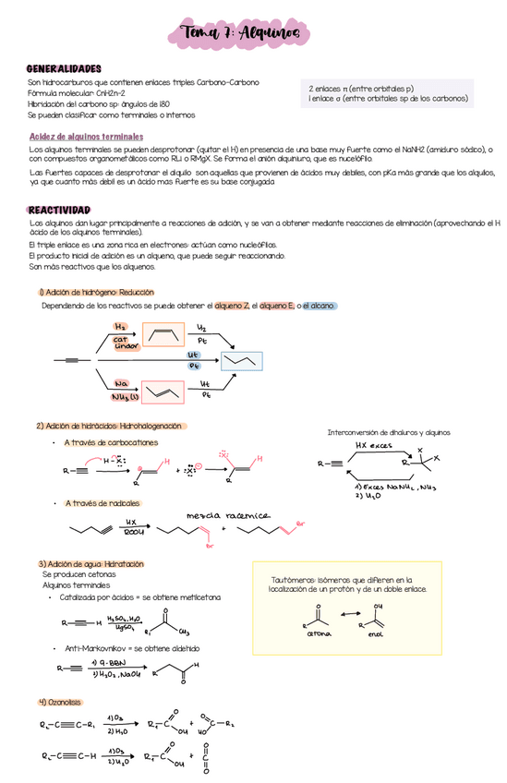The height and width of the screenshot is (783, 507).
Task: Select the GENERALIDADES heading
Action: coord(64,69)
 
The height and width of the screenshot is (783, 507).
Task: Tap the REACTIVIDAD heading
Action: coord(59,211)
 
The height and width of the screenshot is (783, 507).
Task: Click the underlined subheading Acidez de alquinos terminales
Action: coord(86,137)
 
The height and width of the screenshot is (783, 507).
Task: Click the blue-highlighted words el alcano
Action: coord(320,305)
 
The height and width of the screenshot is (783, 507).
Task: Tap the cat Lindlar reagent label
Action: coord(127,343)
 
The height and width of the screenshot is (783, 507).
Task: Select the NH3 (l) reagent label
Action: coord(125,398)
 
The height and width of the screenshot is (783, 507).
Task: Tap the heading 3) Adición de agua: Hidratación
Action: coord(91,563)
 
